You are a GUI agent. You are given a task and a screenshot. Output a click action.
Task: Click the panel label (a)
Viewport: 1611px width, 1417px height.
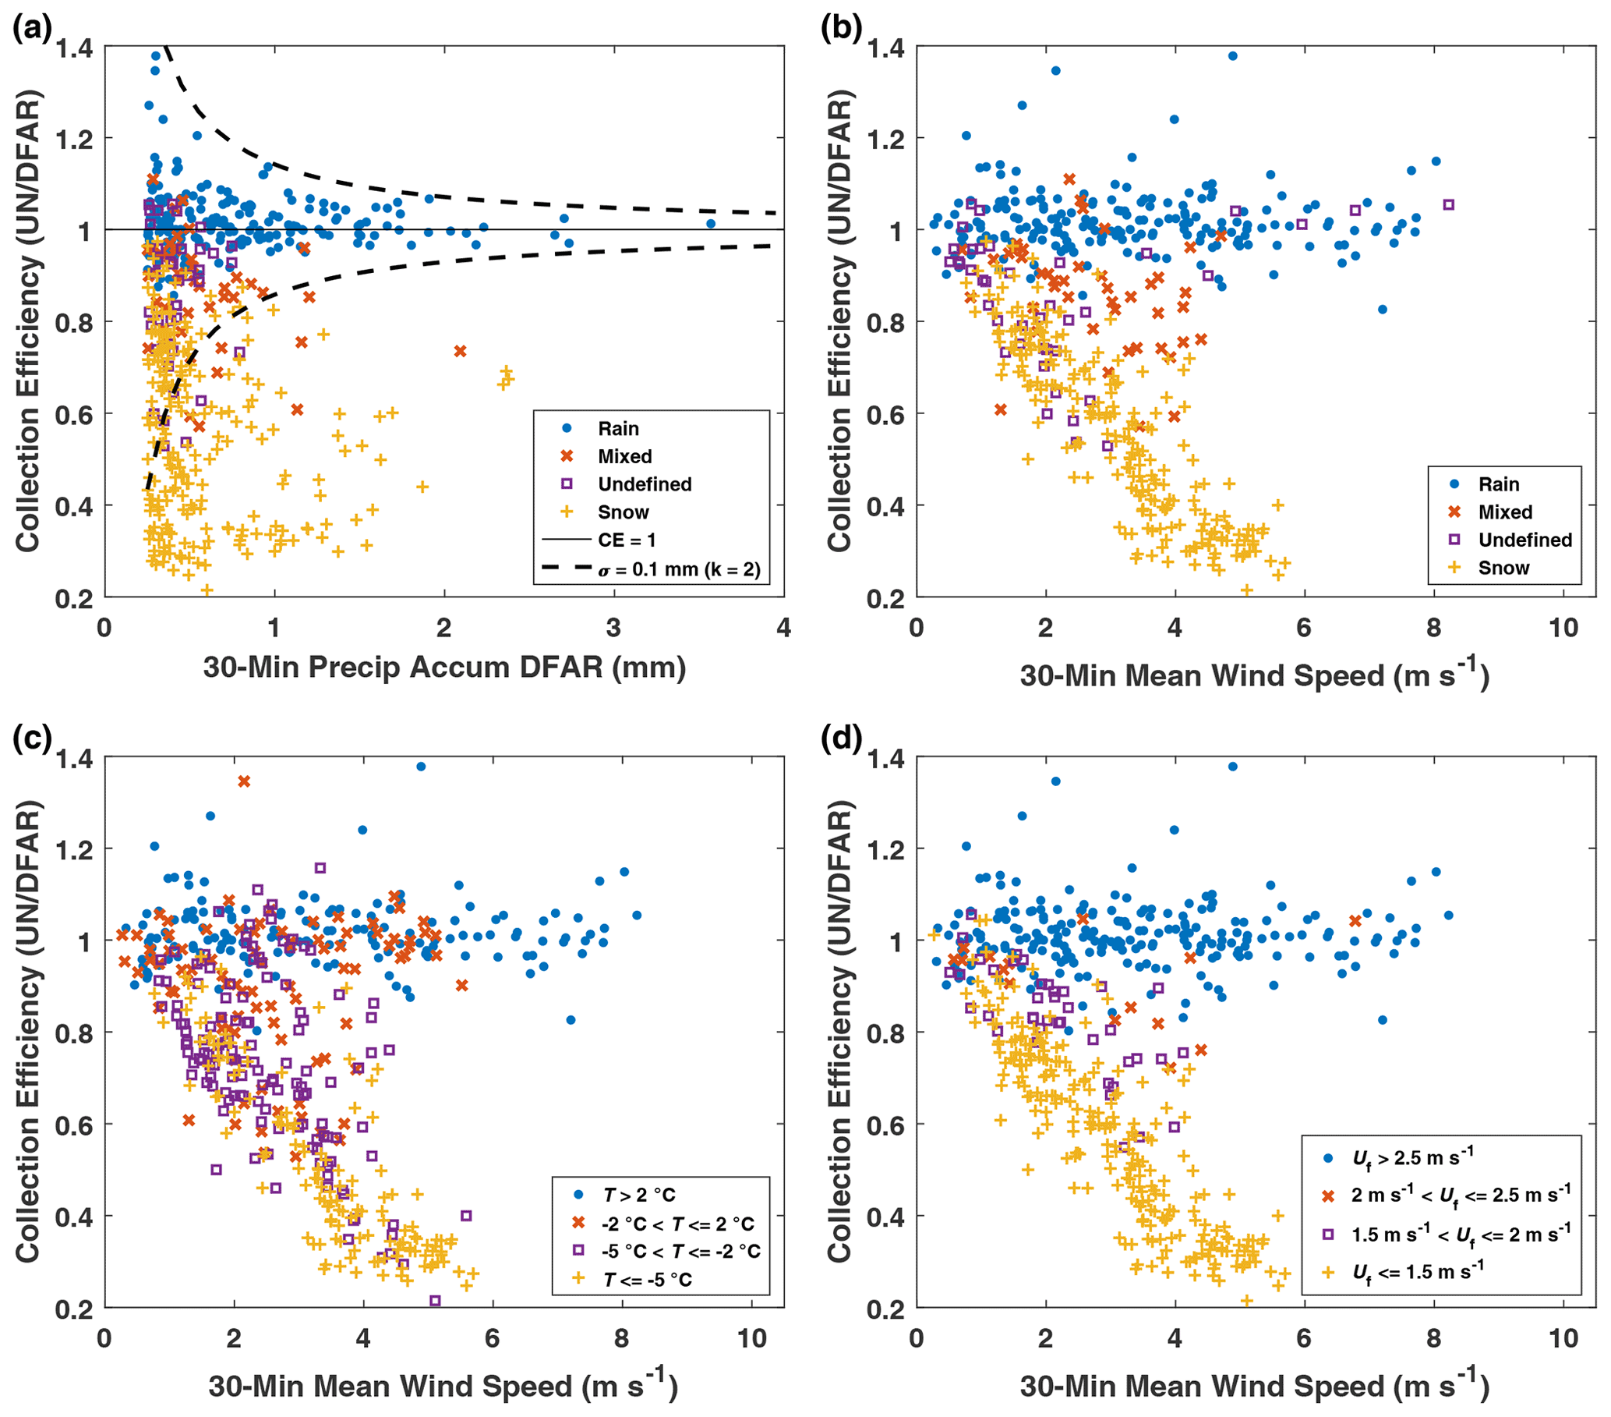pos(32,29)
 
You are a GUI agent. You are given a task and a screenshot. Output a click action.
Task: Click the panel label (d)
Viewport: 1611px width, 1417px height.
pos(841,739)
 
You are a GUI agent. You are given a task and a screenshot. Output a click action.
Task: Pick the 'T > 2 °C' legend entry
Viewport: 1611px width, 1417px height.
pos(639,1196)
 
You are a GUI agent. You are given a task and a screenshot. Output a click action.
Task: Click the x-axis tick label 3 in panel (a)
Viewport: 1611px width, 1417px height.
pos(613,629)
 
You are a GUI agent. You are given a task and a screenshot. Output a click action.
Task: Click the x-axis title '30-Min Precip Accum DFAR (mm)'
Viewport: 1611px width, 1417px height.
pos(444,668)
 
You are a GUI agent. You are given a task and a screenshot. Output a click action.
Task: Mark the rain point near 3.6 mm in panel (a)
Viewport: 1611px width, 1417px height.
pos(710,224)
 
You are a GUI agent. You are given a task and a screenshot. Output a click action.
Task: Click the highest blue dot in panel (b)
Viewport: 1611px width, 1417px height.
pos(1233,56)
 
